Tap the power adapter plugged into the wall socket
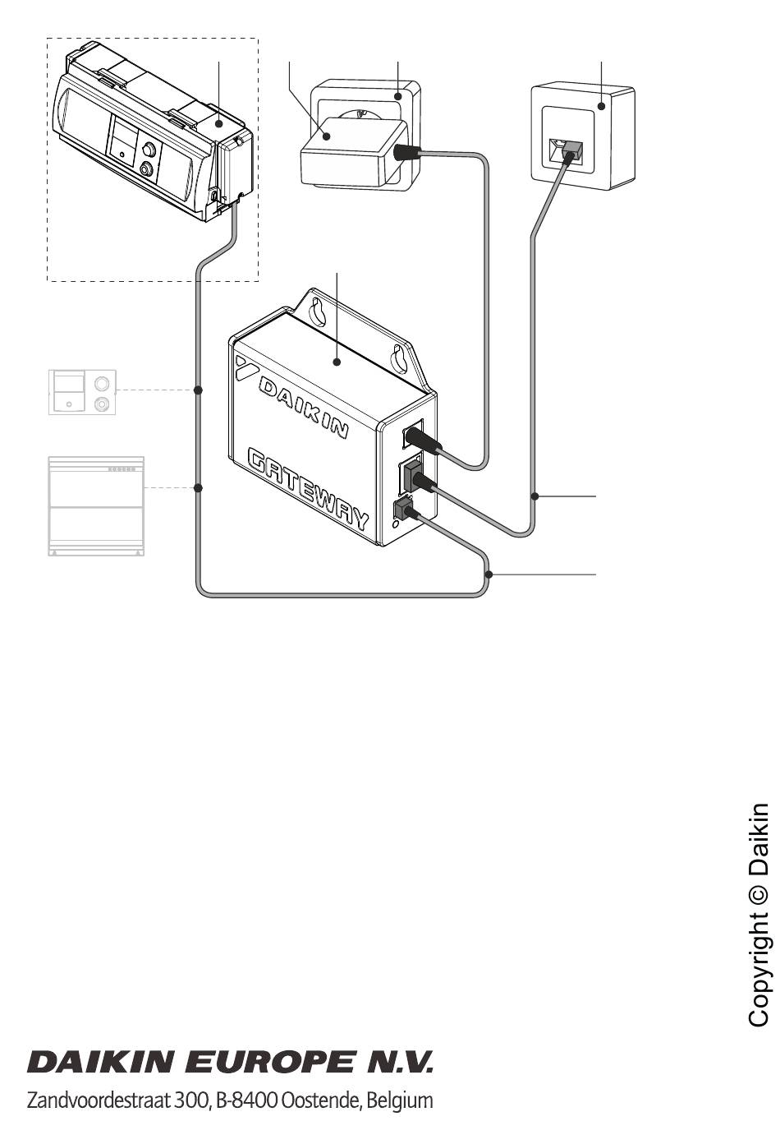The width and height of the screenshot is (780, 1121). click(x=353, y=153)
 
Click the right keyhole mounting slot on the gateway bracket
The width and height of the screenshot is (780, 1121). click(x=399, y=360)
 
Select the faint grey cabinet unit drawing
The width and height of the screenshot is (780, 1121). click(x=96, y=506)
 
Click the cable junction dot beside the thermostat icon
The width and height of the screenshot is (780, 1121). click(x=198, y=390)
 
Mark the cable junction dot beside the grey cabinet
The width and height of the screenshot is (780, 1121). click(x=198, y=488)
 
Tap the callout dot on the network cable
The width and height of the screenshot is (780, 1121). click(x=535, y=496)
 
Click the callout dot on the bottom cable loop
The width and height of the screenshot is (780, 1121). click(x=489, y=574)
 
